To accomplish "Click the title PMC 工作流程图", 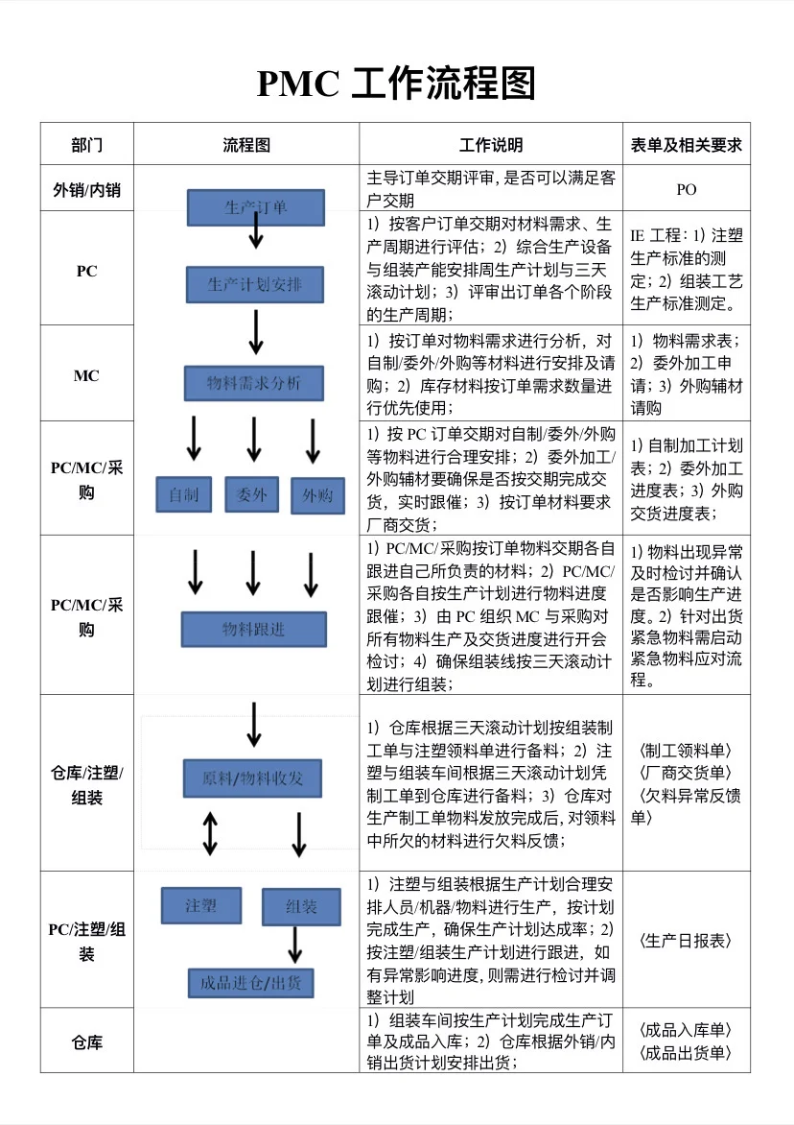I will click(x=396, y=84).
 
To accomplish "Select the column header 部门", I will click(x=86, y=145).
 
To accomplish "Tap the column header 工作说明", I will click(x=490, y=145).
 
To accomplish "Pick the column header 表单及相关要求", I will click(x=686, y=145).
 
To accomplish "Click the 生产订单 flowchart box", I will click(x=255, y=207).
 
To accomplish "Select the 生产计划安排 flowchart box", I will click(x=255, y=285).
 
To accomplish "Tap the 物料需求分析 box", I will click(x=254, y=384).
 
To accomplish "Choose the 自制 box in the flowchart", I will click(x=184, y=494).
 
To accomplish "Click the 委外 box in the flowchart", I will click(x=251, y=494).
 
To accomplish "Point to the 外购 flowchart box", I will click(x=317, y=495).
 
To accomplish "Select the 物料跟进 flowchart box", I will click(x=254, y=629).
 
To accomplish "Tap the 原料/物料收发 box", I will click(x=252, y=778).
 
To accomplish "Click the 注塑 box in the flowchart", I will click(x=201, y=905).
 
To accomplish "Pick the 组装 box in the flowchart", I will click(x=302, y=906).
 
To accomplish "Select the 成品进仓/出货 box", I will click(x=250, y=983).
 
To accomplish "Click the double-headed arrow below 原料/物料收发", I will click(x=210, y=833).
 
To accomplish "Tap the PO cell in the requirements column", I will click(x=686, y=190).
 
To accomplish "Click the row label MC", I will click(x=86, y=376).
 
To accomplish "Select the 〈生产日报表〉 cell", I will click(x=686, y=941).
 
